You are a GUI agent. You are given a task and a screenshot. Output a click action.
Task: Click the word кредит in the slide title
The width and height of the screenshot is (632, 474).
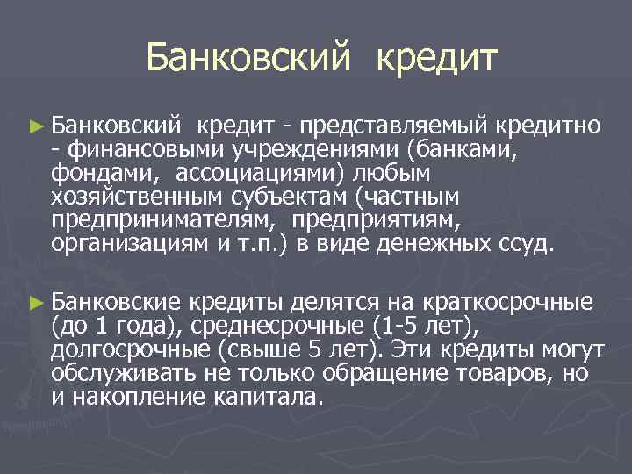436,59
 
